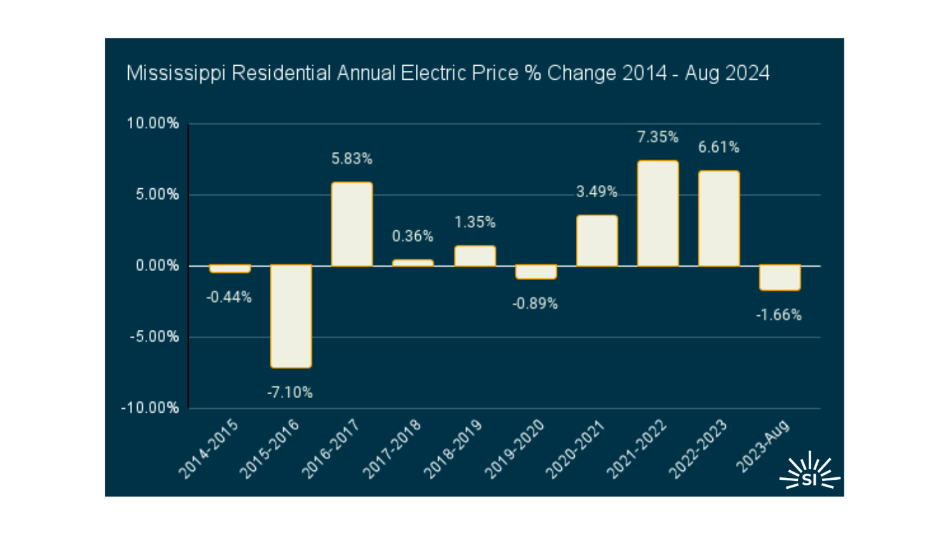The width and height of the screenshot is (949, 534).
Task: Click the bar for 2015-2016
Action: pos(291,316)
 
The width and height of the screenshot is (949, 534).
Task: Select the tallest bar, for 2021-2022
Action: pos(658,213)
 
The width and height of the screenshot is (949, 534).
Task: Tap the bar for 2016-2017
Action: pos(351,224)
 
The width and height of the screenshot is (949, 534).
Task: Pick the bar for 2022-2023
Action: pos(719,218)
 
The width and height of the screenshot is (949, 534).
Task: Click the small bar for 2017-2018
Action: pos(413,263)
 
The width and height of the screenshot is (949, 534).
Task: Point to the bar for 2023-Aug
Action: pos(779,278)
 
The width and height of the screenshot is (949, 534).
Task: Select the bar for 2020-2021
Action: pos(597,241)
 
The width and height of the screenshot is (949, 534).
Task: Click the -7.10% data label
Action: pos(290,393)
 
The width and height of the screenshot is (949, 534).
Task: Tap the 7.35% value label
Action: pos(658,137)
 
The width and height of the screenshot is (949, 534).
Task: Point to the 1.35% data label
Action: pos(475,223)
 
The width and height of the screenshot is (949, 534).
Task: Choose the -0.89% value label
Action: pos(535,304)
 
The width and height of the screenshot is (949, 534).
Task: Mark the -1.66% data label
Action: pos(779,315)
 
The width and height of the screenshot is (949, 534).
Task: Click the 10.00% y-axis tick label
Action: pos(153,124)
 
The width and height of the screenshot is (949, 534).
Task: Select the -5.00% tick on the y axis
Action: pos(154,337)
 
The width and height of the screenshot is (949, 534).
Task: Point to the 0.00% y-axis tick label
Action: pos(157,266)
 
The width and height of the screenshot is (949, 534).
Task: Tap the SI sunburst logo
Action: pos(809,473)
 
